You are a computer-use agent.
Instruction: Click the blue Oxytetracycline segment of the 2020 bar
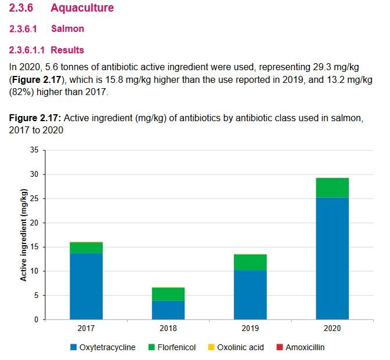pyautogui.click(x=331, y=258)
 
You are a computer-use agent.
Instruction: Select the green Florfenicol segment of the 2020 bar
pyautogui.click(x=331, y=188)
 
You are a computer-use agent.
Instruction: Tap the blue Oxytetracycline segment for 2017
pyautogui.click(x=86, y=286)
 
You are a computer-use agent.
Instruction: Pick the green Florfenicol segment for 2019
pyautogui.click(x=250, y=262)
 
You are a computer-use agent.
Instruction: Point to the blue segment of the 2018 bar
pyautogui.click(x=168, y=310)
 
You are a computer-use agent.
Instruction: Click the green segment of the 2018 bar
pyautogui.click(x=168, y=294)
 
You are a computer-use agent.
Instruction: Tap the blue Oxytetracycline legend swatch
pyautogui.click(x=73, y=347)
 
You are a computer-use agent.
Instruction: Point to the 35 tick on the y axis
pyautogui.click(x=34, y=150)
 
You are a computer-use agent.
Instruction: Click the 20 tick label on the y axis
pyautogui.click(x=34, y=223)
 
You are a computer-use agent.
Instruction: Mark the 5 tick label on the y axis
pyautogui.click(x=36, y=295)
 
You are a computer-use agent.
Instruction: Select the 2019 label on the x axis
pyautogui.click(x=250, y=328)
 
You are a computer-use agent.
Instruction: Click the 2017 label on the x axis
pyautogui.click(x=86, y=328)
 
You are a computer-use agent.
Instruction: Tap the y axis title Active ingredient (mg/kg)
pyautogui.click(x=24, y=235)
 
